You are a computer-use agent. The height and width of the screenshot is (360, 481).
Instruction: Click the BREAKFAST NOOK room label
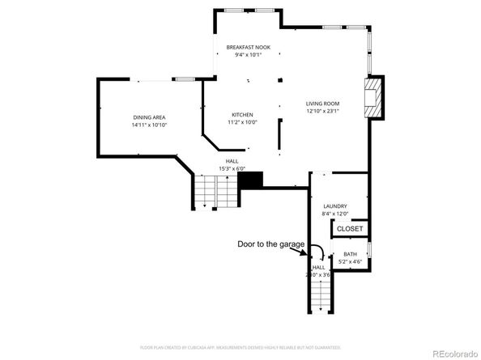tap(248, 47)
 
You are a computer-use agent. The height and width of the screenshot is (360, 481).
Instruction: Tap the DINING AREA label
tap(149, 117)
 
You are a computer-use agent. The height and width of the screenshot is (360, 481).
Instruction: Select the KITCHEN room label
tap(243, 114)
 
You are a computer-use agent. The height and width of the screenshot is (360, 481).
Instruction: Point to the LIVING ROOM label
tap(321, 103)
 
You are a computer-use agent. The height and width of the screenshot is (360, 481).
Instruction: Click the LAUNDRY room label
tap(334, 206)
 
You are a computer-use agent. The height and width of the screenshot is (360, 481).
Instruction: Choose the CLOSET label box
tap(350, 228)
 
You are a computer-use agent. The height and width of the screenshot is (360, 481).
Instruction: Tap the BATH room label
tap(350, 254)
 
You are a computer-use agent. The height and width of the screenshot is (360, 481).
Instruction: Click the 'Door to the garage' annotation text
tap(270, 244)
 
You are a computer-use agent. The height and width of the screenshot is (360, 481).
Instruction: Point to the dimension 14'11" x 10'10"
tap(149, 125)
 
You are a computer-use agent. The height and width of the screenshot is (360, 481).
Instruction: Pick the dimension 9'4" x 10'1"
tap(248, 55)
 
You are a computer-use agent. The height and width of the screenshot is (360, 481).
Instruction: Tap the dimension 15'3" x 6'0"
tap(232, 168)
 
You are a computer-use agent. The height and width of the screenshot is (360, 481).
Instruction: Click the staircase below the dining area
tap(214, 192)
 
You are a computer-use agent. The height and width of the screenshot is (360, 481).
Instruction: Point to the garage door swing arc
tap(318, 251)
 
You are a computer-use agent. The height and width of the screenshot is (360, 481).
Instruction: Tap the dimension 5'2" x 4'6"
tap(350, 261)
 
